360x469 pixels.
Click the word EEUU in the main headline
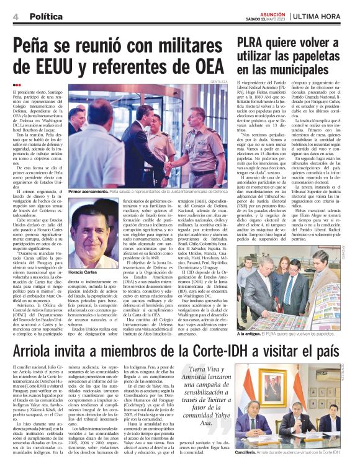pos(57,67)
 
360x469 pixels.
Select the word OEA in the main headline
pos(208,67)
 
